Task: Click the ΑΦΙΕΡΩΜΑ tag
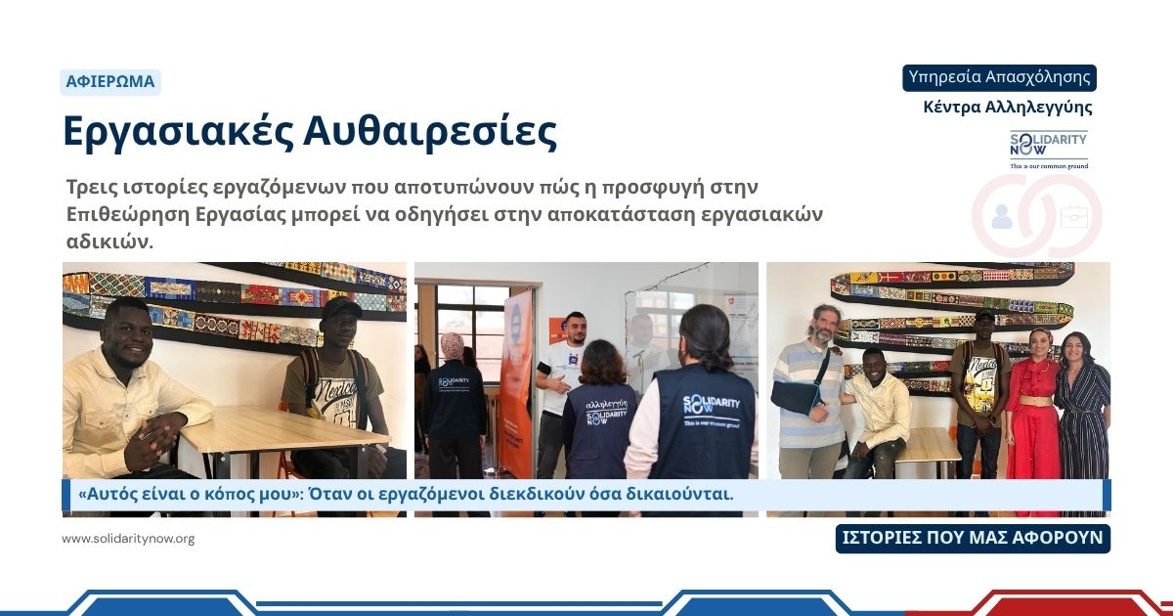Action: click(x=109, y=82)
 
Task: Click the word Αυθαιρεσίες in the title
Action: click(x=430, y=132)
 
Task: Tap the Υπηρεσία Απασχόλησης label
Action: click(x=999, y=77)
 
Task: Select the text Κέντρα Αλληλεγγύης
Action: click(x=1008, y=107)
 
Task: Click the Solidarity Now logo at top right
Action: click(x=1048, y=150)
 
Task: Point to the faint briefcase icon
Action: click(x=1074, y=216)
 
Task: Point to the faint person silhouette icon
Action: click(x=1002, y=217)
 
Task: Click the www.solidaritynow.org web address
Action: click(x=128, y=539)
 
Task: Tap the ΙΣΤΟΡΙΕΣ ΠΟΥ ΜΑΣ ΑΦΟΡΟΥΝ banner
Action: click(x=973, y=538)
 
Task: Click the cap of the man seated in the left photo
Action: click(x=340, y=306)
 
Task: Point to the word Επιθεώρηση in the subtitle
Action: click(x=127, y=215)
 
